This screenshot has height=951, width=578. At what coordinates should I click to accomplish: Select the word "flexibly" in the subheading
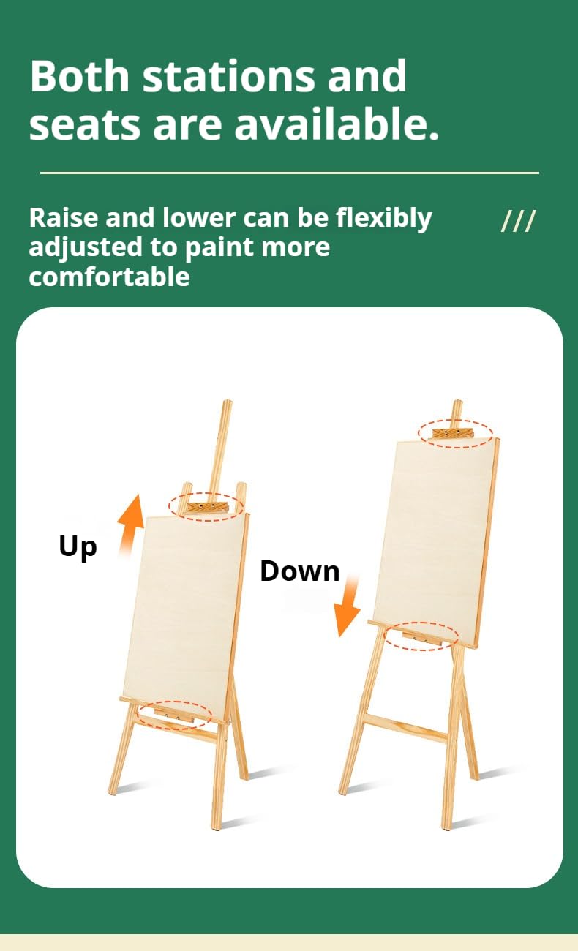[x=384, y=219]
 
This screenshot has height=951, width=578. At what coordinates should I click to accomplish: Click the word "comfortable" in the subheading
[x=109, y=277]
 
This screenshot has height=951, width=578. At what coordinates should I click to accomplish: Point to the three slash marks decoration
[x=519, y=221]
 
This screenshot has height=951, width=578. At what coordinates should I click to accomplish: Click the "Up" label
[x=78, y=547]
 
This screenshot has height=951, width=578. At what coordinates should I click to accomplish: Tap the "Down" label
[x=300, y=571]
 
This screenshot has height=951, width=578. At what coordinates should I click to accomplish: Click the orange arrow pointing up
[x=131, y=525]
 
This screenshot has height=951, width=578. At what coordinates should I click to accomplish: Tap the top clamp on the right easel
[x=453, y=434]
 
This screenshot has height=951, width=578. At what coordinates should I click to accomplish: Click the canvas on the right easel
[x=436, y=542]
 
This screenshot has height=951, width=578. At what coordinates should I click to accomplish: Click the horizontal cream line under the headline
[x=290, y=173]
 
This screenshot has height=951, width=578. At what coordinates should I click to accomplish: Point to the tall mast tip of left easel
[x=228, y=401]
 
